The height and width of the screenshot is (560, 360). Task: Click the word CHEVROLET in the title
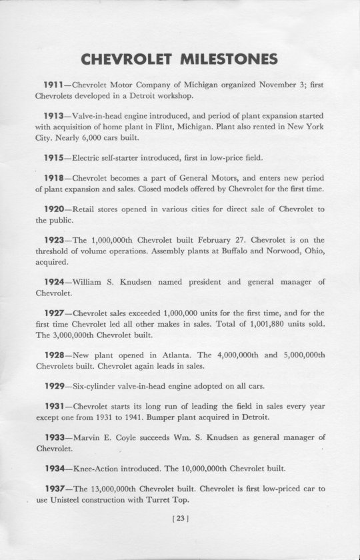[125, 60]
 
